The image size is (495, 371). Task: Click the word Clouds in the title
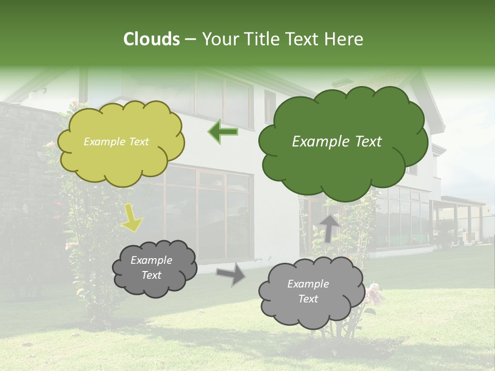click(x=152, y=39)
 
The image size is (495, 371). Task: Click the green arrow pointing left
click(x=223, y=131)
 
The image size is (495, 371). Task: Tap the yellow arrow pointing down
click(x=131, y=218)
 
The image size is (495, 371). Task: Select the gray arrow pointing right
click(x=230, y=275)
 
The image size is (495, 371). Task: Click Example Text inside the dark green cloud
click(x=337, y=142)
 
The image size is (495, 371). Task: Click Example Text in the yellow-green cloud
click(x=116, y=142)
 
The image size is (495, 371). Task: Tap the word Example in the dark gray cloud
click(x=151, y=260)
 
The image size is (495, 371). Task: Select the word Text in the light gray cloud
click(x=308, y=299)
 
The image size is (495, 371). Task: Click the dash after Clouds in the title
click(x=191, y=39)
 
